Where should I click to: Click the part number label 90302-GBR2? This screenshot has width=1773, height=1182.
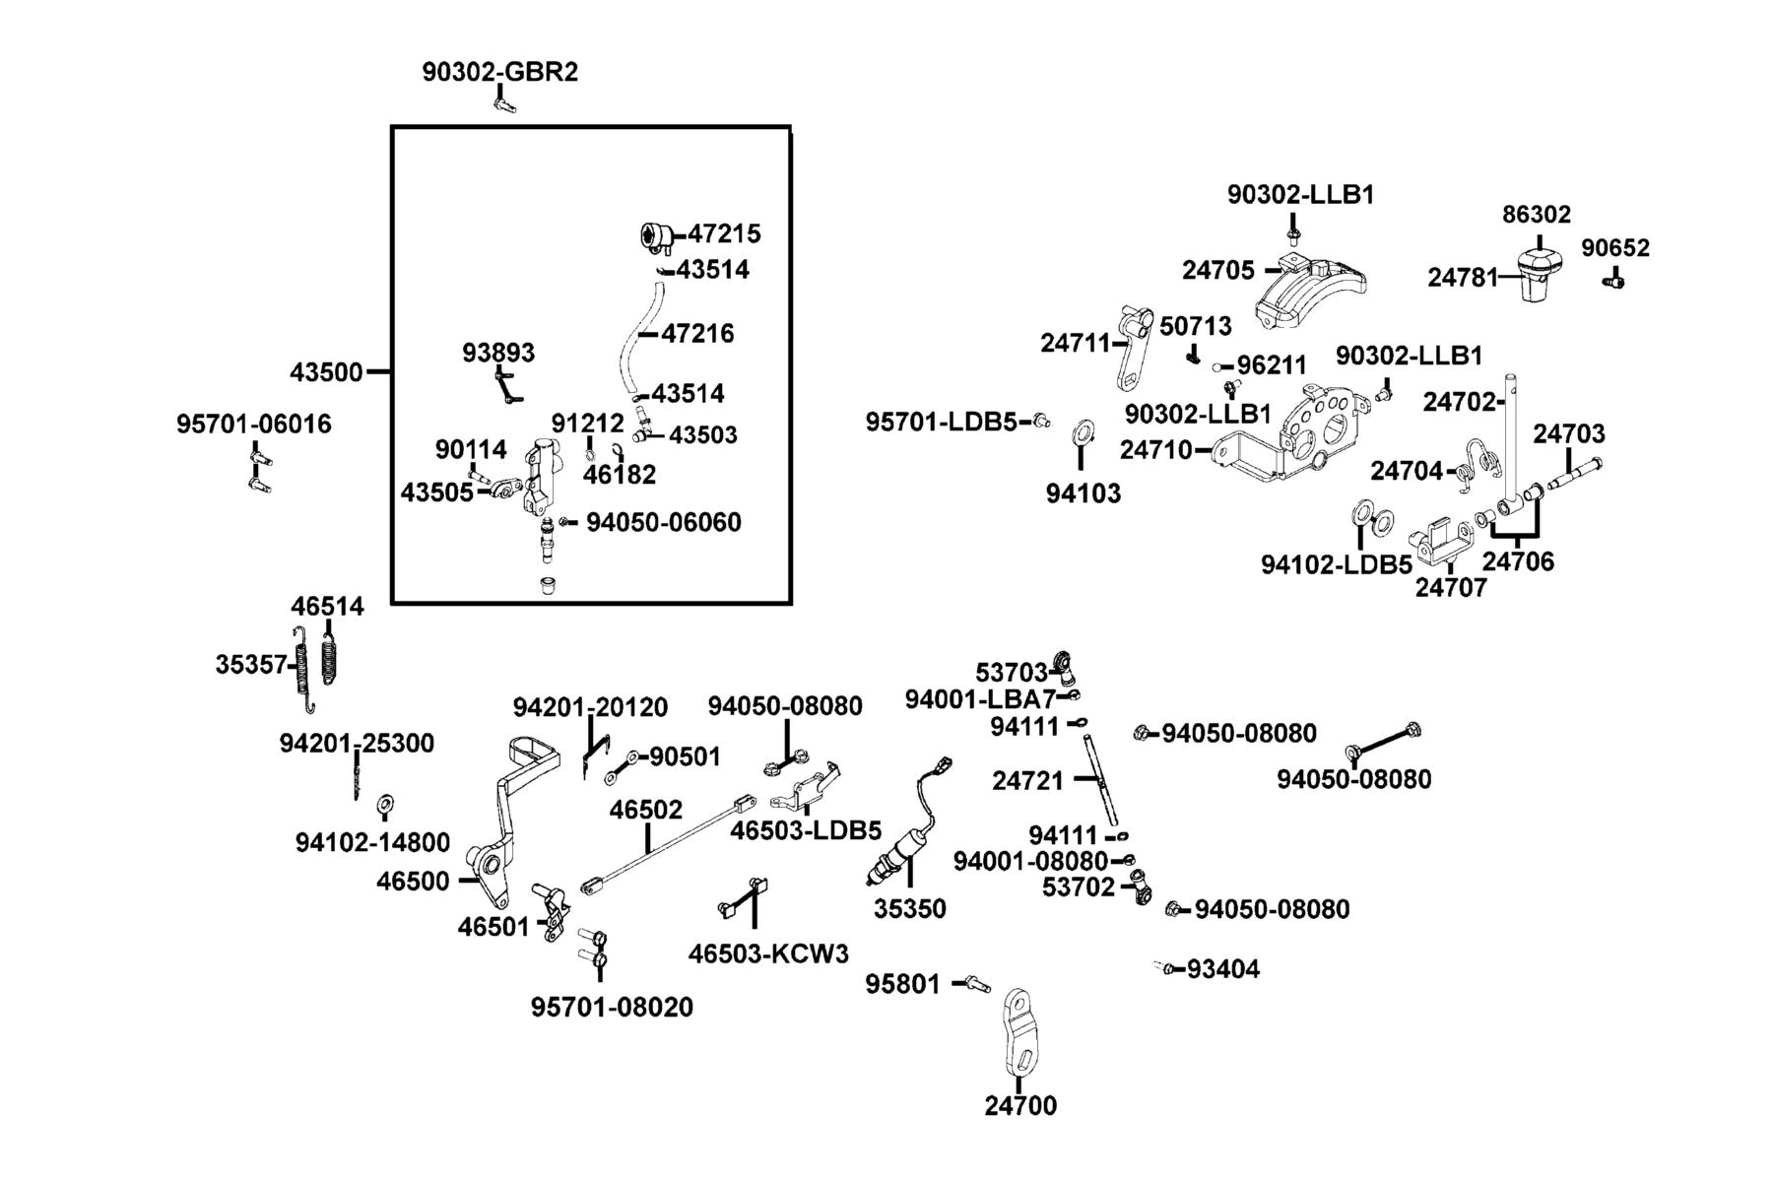coord(500,72)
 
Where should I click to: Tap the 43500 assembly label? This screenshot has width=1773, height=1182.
coord(326,373)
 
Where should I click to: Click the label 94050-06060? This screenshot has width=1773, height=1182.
coord(664,522)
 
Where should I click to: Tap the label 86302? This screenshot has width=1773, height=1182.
coord(1537,215)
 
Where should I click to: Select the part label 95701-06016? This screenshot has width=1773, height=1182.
coord(254,425)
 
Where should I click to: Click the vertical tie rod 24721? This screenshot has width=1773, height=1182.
coord(1100,778)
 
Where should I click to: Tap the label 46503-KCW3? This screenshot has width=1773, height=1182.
coord(768,953)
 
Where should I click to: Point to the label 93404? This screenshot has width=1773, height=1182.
coord(1222,969)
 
